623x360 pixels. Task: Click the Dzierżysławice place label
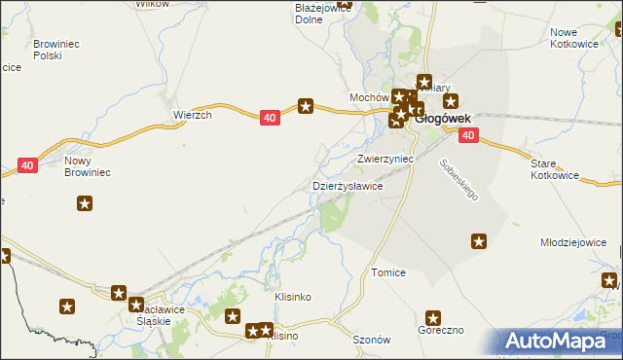click(347, 186)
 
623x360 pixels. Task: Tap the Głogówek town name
click(443, 120)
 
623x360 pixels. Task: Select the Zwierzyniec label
click(385, 158)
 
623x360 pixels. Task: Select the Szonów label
click(371, 340)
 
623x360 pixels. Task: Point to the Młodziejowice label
click(580, 242)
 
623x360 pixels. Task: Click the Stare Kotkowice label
click(555, 170)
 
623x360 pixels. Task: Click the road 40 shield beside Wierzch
click(271, 118)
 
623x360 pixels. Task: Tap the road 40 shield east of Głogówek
click(468, 135)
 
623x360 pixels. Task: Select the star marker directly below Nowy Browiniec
click(85, 203)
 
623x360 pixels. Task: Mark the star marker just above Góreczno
click(433, 317)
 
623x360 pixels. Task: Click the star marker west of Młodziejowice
click(479, 240)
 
